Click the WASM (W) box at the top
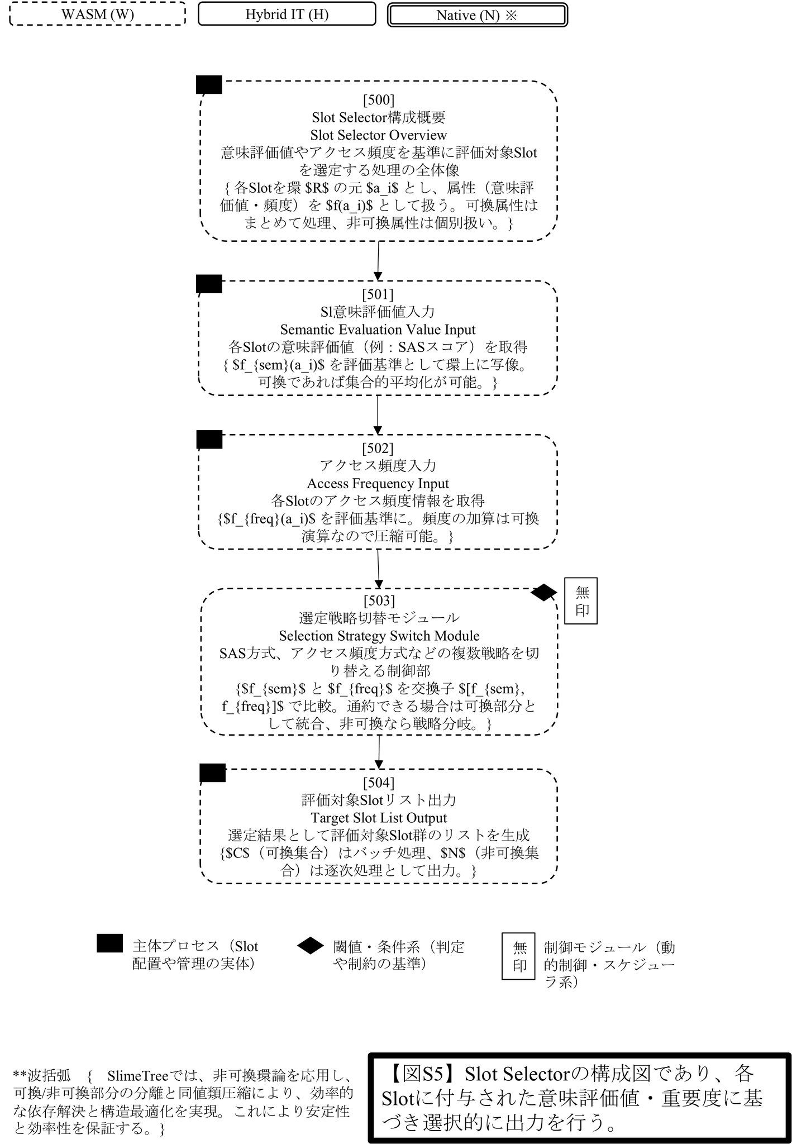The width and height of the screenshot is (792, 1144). [98, 14]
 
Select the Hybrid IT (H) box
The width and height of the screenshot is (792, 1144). [287, 14]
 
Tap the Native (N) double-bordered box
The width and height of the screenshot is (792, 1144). [478, 15]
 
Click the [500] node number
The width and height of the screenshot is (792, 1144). [379, 100]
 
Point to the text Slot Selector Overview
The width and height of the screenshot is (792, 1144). [379, 135]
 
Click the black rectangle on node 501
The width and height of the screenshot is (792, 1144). [209, 284]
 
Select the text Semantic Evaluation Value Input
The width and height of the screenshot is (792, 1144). [378, 330]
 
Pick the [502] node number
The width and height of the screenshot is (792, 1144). [378, 448]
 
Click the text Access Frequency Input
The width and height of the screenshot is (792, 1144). [378, 484]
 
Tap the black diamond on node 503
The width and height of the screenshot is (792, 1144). [543, 593]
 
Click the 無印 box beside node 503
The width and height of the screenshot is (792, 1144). [581, 600]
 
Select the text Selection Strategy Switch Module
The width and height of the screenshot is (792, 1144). [379, 636]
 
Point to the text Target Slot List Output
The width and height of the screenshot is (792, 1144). [379, 818]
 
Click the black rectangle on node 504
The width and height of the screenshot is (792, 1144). [213, 773]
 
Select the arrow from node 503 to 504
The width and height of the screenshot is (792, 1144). [379, 752]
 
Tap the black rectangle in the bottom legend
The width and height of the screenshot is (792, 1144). [109, 943]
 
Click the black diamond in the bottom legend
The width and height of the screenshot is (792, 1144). [311, 946]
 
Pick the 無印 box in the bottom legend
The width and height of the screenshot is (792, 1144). [519, 956]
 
